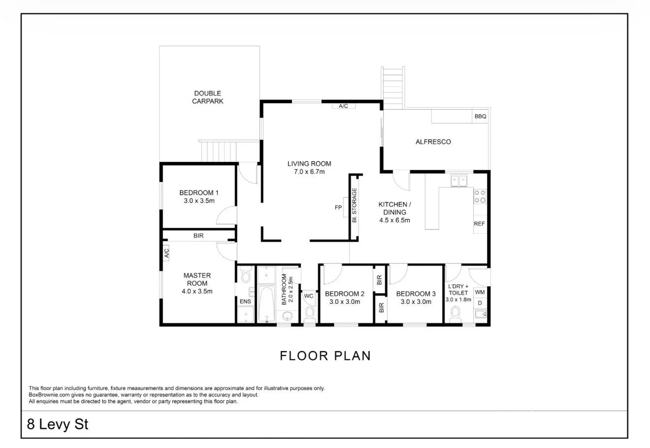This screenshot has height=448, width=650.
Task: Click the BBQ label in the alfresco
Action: [x=480, y=117]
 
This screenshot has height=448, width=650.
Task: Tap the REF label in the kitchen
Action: [x=479, y=224]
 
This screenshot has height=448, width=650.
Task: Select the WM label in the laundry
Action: [x=480, y=292]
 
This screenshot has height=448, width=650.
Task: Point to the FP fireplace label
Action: [x=338, y=208]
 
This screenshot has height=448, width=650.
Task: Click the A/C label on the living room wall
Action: [x=343, y=106]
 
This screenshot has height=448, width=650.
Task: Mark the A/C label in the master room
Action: [x=166, y=253]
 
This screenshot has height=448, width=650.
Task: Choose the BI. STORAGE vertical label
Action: [x=354, y=206]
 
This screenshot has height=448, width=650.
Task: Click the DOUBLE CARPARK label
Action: [x=207, y=97]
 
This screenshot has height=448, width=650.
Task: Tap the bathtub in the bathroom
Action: [x=265, y=304]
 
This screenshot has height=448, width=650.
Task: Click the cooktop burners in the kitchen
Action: [x=480, y=196]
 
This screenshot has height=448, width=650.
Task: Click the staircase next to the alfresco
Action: [x=393, y=87]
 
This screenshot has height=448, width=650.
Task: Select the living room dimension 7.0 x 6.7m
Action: [x=309, y=172]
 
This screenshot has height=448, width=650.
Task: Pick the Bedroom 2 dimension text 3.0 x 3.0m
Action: [x=345, y=301]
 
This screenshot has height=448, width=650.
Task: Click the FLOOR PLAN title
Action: [x=325, y=356]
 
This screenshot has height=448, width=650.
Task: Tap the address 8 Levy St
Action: [x=58, y=424]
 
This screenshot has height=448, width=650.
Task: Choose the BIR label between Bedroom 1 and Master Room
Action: [x=198, y=236]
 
